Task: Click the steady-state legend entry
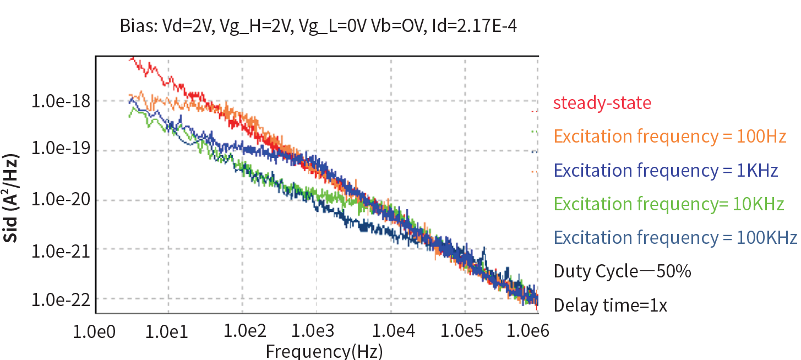pyautogui.click(x=602, y=103)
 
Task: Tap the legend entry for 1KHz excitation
pyautogui.click(x=666, y=171)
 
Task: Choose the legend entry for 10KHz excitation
pyautogui.click(x=668, y=204)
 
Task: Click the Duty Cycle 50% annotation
pyautogui.click(x=622, y=271)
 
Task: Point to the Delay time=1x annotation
pyautogui.click(x=610, y=305)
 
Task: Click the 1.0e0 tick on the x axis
pyautogui.click(x=96, y=331)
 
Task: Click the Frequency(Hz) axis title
pyautogui.click(x=324, y=351)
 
